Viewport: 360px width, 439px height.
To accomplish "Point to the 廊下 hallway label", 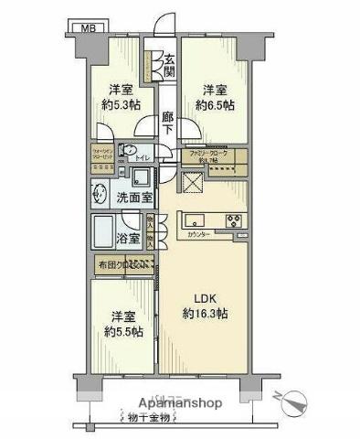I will click(167, 123).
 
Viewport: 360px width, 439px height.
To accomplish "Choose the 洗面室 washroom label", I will click(133, 197).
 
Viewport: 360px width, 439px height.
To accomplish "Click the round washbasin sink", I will click(99, 192).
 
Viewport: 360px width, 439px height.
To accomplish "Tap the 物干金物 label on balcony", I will click(147, 419).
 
